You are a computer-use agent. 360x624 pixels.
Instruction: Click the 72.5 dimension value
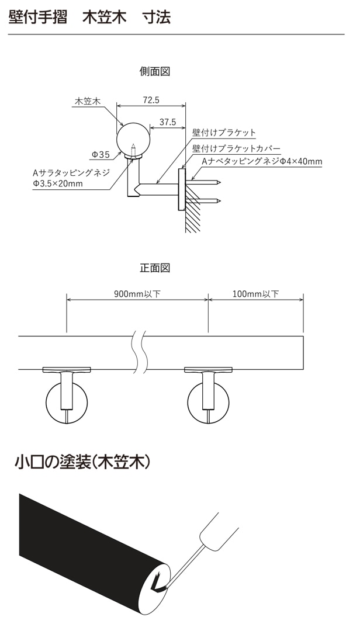point(151,100)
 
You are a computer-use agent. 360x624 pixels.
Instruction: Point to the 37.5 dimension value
point(167,122)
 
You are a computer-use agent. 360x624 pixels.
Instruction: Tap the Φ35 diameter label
point(101,154)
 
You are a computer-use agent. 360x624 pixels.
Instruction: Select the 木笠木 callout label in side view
point(88,101)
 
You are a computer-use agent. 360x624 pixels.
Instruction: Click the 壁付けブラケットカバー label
point(237,148)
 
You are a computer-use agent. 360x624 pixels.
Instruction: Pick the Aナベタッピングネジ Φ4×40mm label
point(262,161)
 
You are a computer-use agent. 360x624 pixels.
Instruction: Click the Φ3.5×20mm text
point(58,184)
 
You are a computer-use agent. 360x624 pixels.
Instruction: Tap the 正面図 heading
point(155,268)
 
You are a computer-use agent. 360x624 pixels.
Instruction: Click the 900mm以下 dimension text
point(137,294)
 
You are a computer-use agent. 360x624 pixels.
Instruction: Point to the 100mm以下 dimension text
point(255,294)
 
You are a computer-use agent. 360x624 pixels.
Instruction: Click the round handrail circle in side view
point(134,138)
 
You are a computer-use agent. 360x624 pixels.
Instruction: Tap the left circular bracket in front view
point(67,403)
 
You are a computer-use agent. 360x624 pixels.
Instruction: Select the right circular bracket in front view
point(208,403)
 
